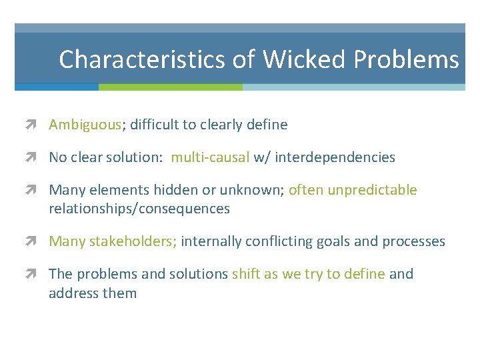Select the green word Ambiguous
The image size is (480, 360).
click(x=85, y=125)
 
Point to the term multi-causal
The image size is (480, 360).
click(x=210, y=157)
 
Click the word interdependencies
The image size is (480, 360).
click(x=335, y=157)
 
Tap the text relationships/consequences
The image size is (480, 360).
click(x=139, y=209)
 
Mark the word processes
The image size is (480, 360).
click(x=413, y=241)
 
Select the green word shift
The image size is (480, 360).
click(x=246, y=274)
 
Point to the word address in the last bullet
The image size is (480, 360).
click(x=73, y=293)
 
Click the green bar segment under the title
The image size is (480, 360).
click(x=170, y=87)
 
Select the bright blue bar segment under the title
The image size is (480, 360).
click(x=57, y=87)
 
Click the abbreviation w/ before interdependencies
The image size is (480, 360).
click(x=262, y=157)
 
